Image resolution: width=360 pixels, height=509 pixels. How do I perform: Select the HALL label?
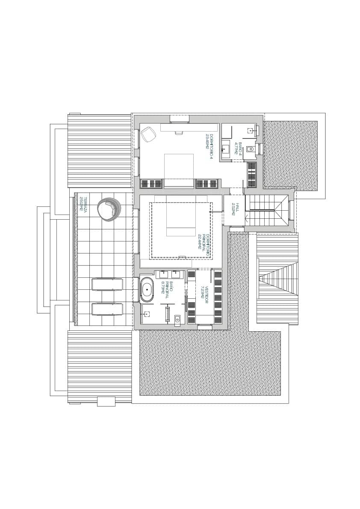click(x=233, y=209)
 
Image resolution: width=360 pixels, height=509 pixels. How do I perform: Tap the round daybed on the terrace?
click(x=109, y=209)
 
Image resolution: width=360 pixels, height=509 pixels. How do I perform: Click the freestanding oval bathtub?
click(x=148, y=290)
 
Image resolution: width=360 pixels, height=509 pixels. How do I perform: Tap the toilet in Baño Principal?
click(x=177, y=318)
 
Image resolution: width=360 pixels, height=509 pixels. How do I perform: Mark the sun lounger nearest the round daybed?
click(x=107, y=284)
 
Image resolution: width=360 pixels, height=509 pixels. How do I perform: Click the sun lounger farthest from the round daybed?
click(x=107, y=309)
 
